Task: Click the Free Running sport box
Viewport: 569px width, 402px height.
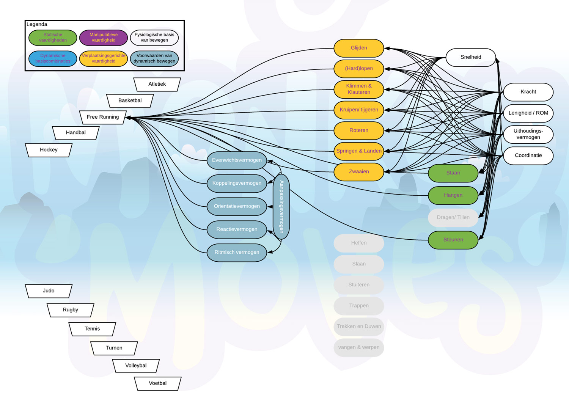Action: [x=103, y=117]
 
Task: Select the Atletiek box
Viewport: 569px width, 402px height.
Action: [x=157, y=84]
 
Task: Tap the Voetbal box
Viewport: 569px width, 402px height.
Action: [x=158, y=383]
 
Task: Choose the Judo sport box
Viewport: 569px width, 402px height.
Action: [x=49, y=291]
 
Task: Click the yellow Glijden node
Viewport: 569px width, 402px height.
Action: [x=359, y=48]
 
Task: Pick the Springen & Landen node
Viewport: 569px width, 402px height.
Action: [x=359, y=151]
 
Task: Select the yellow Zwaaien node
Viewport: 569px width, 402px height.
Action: [x=359, y=172]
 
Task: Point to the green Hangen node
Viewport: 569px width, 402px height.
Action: [x=453, y=195]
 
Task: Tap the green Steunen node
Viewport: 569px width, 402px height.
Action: [x=453, y=240]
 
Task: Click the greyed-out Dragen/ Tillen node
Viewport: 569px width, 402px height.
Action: [x=453, y=218]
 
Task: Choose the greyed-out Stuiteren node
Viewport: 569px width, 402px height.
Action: [x=359, y=285]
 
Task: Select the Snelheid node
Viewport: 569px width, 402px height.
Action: [x=471, y=57]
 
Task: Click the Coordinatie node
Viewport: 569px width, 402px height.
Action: [x=528, y=155]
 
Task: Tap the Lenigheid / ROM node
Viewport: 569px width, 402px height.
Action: [x=528, y=113]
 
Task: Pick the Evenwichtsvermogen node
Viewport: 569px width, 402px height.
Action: [x=237, y=160]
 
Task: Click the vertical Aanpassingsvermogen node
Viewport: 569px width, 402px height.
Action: [x=281, y=207]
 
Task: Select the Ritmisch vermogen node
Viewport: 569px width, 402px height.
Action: [x=237, y=253]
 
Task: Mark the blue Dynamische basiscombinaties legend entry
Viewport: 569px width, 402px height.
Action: [x=53, y=58]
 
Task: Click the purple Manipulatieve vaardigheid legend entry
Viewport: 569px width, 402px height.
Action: [x=103, y=38]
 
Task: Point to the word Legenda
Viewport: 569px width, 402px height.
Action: [x=37, y=24]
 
